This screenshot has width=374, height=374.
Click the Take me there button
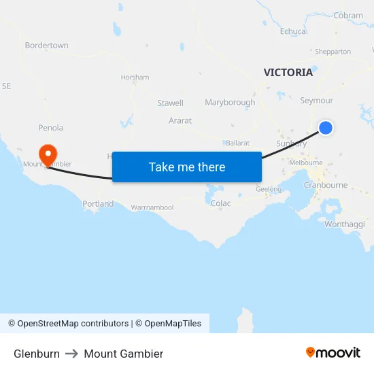pos(187,167)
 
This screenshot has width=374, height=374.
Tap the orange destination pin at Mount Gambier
pos(48,154)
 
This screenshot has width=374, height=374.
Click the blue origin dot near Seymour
pos(326,127)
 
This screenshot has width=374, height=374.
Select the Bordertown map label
pos(46,46)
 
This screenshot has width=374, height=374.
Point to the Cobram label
pos(348,16)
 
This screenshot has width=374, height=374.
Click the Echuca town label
pos(293,31)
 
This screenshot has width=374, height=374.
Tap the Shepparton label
pos(333,52)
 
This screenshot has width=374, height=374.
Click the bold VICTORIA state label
pos(288,72)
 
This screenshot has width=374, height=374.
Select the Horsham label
pos(135,78)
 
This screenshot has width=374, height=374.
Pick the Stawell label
pos(170,103)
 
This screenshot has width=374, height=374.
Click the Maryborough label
pos(230,103)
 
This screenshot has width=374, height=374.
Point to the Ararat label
pos(180,120)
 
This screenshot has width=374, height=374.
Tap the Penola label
pos(51,128)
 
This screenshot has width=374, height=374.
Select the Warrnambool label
pos(152,207)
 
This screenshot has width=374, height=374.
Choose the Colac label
pos(221,203)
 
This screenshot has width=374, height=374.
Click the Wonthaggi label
pos(345,224)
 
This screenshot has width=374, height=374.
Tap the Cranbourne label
pos(326,185)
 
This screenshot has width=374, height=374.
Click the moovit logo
pos(333,353)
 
